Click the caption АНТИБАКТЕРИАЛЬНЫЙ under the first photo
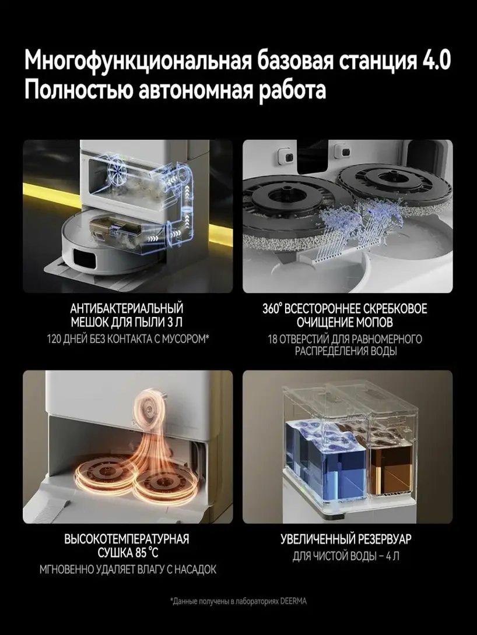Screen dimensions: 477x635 pos(127,309)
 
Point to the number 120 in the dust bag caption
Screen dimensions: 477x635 pos(54,339)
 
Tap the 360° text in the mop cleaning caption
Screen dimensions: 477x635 pos(272,309)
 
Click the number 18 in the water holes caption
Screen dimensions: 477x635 pos(272,339)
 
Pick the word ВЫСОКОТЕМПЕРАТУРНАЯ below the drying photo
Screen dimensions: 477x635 pos(127,539)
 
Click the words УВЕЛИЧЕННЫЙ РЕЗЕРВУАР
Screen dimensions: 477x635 pos(346,539)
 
